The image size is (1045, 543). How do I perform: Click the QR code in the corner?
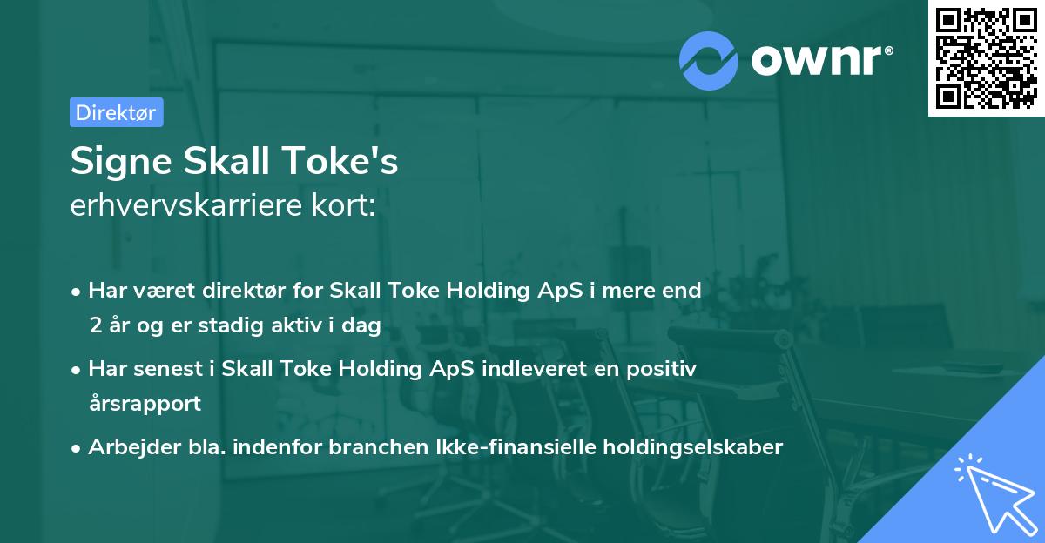986,58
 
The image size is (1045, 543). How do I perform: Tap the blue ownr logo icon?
709,60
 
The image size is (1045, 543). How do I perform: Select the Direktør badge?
116,112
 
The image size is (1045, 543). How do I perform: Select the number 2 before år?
94,325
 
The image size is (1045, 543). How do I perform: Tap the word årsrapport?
145,404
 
